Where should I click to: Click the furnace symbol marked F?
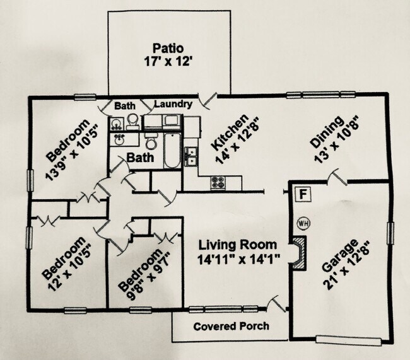(x=303, y=194)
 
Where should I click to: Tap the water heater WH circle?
(x=303, y=224)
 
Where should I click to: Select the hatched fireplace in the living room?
(x=299, y=252)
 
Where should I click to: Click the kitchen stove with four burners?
(x=218, y=182)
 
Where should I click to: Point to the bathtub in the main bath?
(x=172, y=150)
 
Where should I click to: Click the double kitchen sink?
(x=190, y=156)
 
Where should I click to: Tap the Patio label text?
(x=168, y=49)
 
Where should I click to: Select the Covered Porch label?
(x=231, y=327)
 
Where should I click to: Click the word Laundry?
(x=173, y=104)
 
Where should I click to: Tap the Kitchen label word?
(x=230, y=132)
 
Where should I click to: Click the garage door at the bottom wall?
(x=348, y=340)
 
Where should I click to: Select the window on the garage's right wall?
(x=390, y=233)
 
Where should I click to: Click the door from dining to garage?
(x=337, y=177)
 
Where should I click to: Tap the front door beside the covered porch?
(x=277, y=303)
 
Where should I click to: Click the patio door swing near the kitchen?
(x=208, y=100)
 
